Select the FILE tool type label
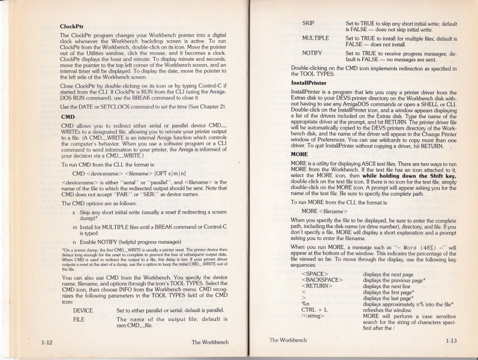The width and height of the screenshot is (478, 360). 78,320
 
